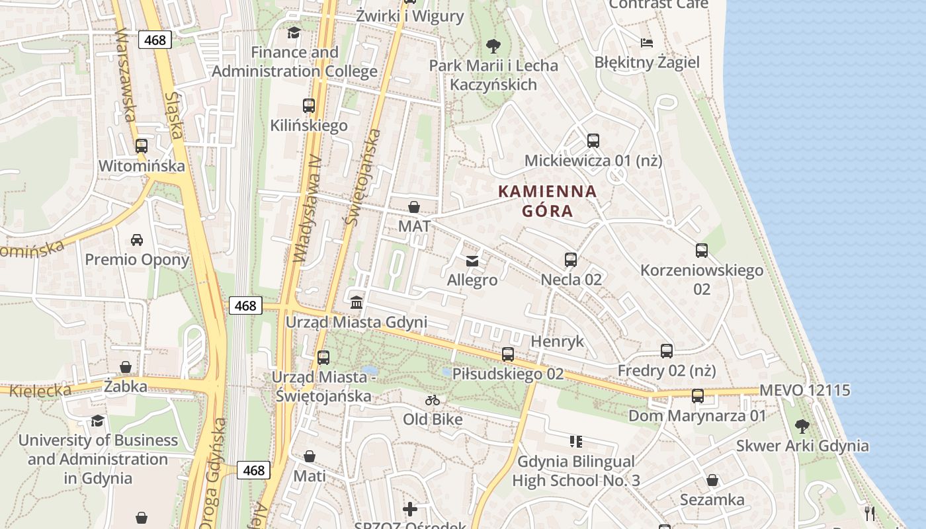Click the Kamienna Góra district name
click(547, 201)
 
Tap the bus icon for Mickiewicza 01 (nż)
click(593, 141)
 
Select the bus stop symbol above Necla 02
click(571, 260)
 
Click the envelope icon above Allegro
click(472, 261)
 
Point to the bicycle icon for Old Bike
click(433, 400)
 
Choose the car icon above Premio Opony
click(137, 239)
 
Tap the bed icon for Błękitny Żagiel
click(647, 43)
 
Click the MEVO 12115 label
click(804, 390)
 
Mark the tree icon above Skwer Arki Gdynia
click(802, 426)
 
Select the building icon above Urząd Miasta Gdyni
click(357, 303)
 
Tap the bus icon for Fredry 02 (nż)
click(667, 351)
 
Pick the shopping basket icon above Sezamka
click(712, 480)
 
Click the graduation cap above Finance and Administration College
click(294, 32)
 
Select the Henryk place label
click(558, 341)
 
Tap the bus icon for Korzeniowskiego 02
click(702, 251)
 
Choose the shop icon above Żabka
click(126, 367)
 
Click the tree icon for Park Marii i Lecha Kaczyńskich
click(493, 46)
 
